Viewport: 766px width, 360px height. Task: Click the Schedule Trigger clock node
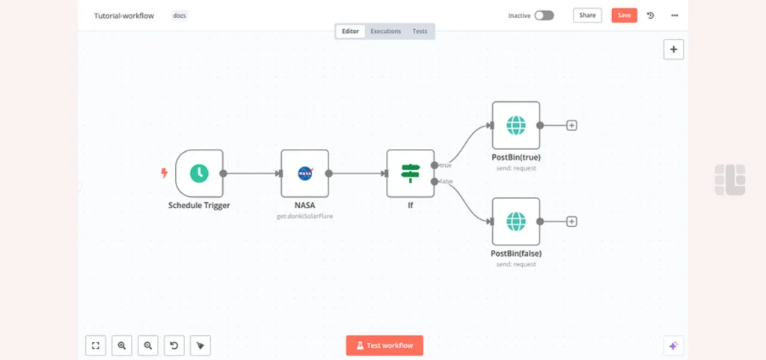[199, 174]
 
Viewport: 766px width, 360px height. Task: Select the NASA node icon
[305, 174]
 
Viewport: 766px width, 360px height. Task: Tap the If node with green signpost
[411, 174]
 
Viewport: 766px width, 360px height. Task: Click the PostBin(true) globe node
[516, 126]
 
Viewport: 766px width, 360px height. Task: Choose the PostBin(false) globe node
[516, 222]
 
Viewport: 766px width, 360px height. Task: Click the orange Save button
[625, 15]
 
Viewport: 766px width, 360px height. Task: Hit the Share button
[587, 15]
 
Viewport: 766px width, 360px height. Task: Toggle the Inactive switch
[545, 16]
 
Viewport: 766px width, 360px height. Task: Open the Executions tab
[385, 31]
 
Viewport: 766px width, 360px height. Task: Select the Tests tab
[420, 31]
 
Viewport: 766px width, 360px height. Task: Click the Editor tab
[350, 31]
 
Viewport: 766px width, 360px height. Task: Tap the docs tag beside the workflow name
[180, 16]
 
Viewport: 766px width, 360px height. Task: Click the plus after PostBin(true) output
[572, 126]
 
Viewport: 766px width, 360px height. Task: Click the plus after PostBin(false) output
[572, 222]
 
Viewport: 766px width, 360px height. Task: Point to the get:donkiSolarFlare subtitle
[305, 216]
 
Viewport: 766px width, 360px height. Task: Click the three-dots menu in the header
[675, 16]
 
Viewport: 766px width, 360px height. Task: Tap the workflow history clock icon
[650, 16]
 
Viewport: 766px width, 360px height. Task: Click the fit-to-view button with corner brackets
[96, 345]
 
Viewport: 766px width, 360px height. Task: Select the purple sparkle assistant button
[673, 346]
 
